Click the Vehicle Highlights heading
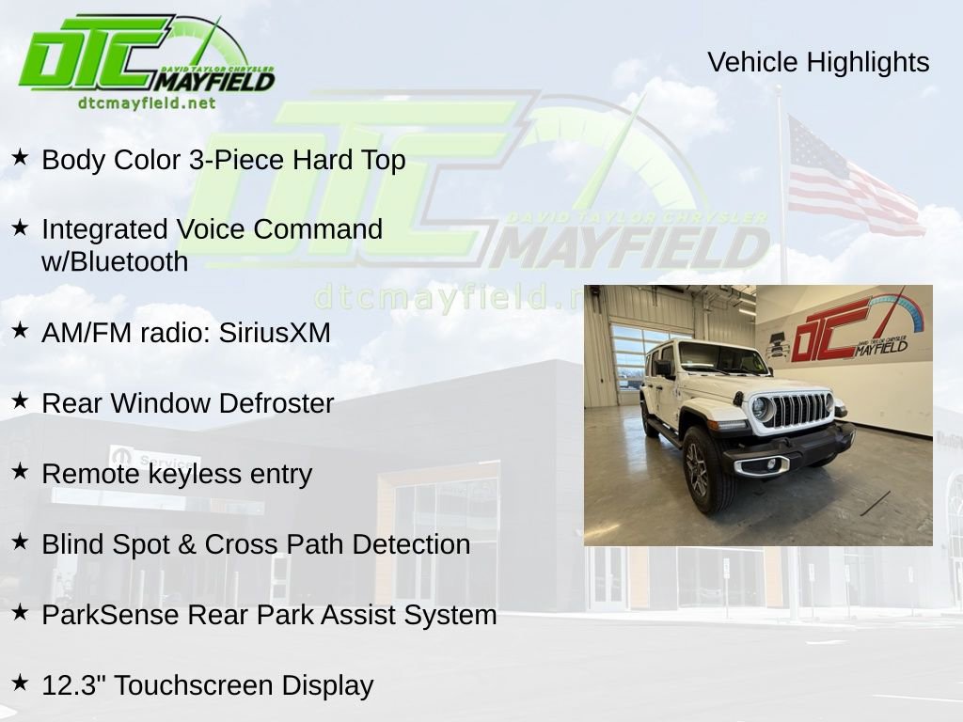coord(818,62)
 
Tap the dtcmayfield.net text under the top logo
coord(146,103)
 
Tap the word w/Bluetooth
coord(115,261)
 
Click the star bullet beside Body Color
coord(20,158)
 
